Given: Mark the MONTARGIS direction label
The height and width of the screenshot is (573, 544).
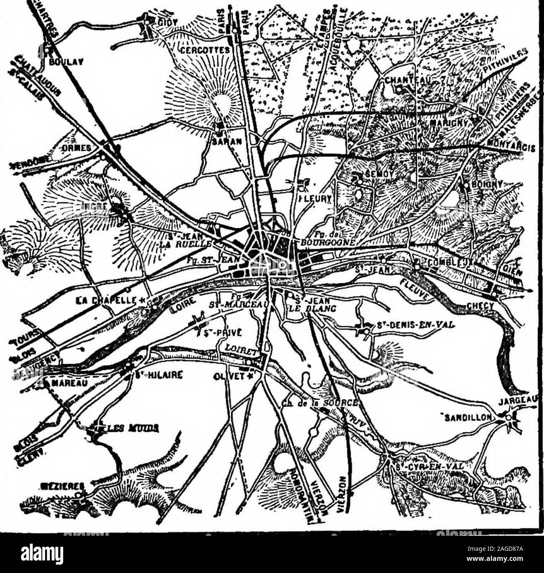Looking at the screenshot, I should click(x=512, y=147).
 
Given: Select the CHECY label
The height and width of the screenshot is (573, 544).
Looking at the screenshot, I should click(x=482, y=306).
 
